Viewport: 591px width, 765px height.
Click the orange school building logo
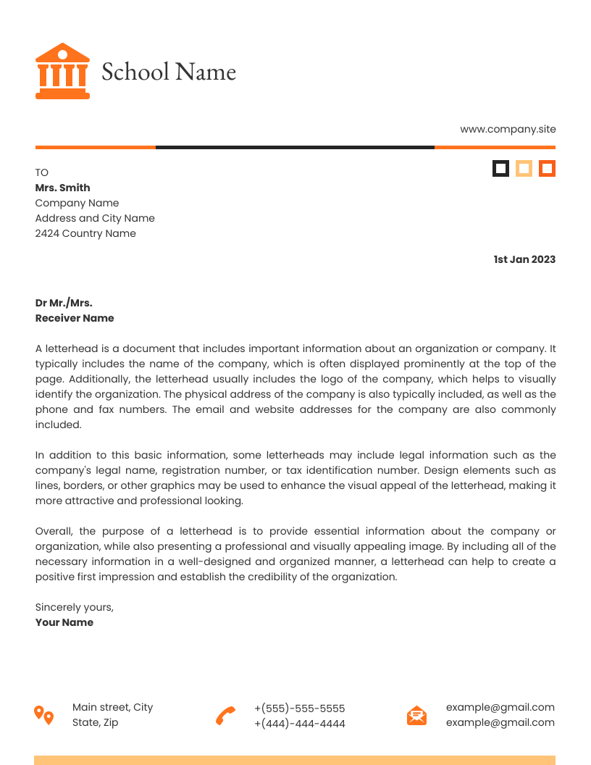(62, 71)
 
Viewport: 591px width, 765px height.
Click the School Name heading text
(169, 72)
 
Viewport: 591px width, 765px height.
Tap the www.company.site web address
(508, 129)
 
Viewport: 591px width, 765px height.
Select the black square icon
(500, 169)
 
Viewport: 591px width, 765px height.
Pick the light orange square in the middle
(524, 169)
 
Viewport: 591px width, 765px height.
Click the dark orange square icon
(547, 169)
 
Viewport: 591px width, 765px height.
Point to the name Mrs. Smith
(62, 188)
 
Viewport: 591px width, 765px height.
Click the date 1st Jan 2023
(524, 259)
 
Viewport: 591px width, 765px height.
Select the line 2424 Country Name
(85, 233)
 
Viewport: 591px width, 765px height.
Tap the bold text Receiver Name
(75, 318)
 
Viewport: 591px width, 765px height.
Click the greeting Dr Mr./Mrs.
(64, 303)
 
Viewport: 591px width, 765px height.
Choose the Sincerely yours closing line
(75, 607)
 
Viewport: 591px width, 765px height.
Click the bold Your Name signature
(64, 622)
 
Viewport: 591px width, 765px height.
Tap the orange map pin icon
(44, 715)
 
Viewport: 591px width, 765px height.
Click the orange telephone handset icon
(225, 716)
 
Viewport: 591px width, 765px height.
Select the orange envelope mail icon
(416, 716)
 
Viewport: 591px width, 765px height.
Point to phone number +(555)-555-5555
(300, 708)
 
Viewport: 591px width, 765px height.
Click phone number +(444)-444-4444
(300, 724)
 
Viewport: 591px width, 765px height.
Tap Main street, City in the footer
(113, 707)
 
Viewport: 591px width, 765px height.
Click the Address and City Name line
(95, 218)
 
